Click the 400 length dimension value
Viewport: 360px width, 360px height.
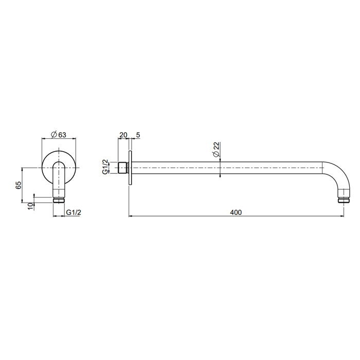click(x=236, y=212)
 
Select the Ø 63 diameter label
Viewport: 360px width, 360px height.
click(x=58, y=135)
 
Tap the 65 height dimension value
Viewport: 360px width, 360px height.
click(x=19, y=185)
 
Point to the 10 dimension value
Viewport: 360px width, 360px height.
click(x=30, y=206)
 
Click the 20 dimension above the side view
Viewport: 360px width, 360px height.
click(x=123, y=135)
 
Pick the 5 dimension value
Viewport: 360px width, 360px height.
click(x=138, y=135)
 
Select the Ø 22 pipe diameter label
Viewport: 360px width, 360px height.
click(x=217, y=150)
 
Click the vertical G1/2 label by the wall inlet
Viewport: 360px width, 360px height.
click(x=105, y=167)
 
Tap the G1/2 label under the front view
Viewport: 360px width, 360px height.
click(x=74, y=212)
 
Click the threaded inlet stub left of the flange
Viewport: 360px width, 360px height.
click(x=123, y=168)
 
